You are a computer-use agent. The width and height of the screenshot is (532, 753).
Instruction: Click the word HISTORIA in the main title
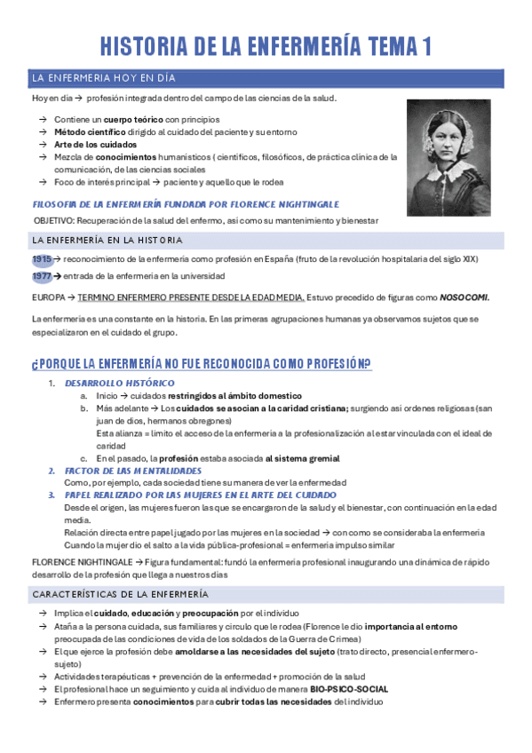[153, 46]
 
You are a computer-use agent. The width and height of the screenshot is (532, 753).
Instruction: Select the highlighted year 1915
[42, 258]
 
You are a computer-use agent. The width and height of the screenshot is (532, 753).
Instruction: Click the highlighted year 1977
[42, 276]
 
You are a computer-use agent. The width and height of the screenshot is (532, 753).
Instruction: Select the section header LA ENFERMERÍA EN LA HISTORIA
[107, 240]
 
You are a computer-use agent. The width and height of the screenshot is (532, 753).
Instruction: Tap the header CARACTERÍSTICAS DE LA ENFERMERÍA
[120, 593]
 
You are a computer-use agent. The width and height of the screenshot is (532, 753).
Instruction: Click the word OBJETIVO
[53, 218]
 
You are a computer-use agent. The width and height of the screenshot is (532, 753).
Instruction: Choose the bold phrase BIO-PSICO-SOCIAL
[349, 688]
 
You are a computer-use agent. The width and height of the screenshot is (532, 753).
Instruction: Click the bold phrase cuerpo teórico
[133, 119]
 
